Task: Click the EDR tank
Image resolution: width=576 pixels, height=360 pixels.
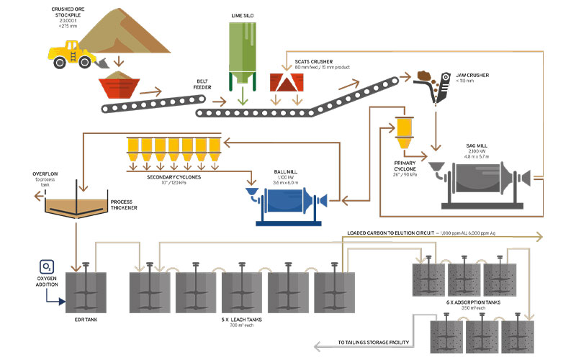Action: (x=84, y=292)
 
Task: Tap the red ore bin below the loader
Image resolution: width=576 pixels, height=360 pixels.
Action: (x=119, y=88)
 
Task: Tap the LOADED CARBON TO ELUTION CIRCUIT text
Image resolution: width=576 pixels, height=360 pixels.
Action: (x=397, y=234)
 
